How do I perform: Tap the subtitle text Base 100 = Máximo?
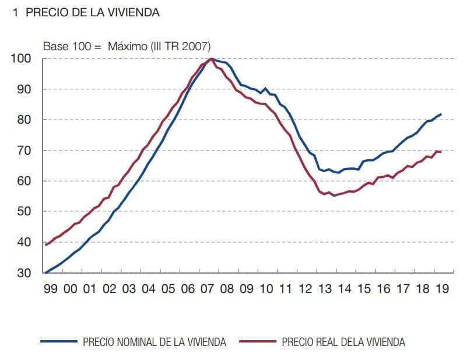click(127, 47)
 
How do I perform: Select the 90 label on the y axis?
click(24, 89)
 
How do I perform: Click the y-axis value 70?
click(24, 151)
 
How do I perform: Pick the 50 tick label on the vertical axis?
click(24, 212)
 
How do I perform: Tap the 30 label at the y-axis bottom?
click(24, 272)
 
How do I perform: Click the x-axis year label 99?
click(51, 289)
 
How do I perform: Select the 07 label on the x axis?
click(208, 289)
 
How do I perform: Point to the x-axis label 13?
click(325, 289)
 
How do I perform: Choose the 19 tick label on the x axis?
click(442, 289)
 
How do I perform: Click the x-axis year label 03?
click(129, 289)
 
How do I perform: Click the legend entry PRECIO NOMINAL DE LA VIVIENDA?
click(155, 342)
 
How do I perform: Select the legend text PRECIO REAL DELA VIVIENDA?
click(343, 342)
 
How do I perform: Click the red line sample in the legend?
click(257, 342)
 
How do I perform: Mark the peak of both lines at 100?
click(212, 59)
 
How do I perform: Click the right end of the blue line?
click(441, 114)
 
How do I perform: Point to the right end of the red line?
click(441, 152)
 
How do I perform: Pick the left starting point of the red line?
click(45, 245)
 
